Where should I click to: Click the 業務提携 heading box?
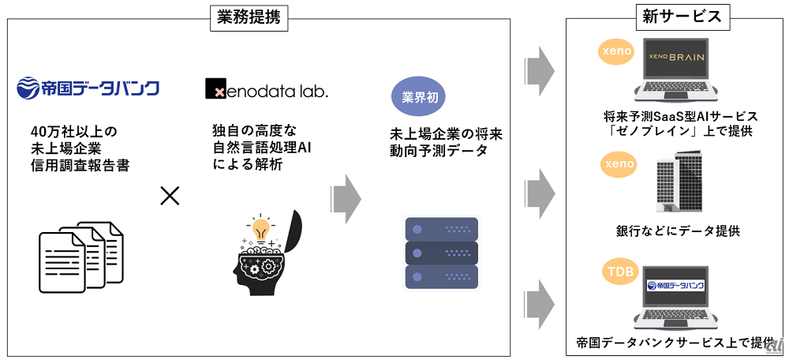249,19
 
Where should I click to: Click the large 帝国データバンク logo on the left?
88,88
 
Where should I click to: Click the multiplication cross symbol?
170,195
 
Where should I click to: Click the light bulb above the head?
261,229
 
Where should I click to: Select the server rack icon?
442,253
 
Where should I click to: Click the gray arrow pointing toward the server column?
346,198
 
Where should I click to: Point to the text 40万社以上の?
73,131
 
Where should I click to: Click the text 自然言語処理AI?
262,148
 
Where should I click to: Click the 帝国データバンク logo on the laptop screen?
676,286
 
